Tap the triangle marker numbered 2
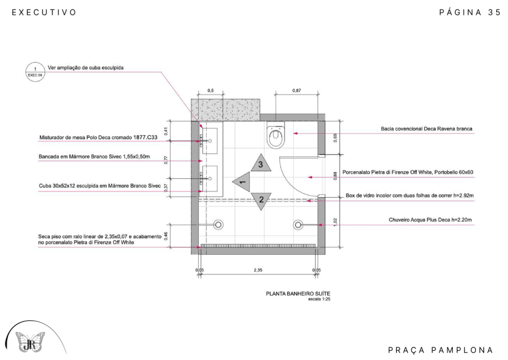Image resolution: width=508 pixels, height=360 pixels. (261, 201)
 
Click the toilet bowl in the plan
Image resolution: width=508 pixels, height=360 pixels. (275, 135)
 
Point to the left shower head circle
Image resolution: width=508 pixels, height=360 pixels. (218, 224)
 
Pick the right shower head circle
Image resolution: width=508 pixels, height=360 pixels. (298, 224)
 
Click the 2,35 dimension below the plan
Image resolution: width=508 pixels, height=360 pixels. (258, 270)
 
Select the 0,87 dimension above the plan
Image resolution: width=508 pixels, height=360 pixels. (297, 90)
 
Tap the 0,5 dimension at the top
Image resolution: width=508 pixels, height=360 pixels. (210, 90)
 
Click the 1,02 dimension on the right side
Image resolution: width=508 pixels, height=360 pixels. (335, 222)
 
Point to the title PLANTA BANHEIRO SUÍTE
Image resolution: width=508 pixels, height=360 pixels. (298, 293)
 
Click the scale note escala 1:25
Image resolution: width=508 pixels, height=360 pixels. (319, 299)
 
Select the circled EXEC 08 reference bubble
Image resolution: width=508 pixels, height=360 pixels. (35, 72)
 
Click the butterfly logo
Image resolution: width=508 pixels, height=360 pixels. (30, 342)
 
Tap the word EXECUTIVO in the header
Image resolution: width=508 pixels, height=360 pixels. (44, 12)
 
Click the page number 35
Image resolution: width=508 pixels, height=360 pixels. (495, 12)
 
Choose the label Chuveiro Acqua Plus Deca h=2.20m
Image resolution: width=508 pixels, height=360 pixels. (430, 220)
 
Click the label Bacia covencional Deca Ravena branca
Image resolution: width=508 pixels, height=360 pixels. (426, 129)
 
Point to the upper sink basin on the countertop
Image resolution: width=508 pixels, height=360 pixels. (210, 141)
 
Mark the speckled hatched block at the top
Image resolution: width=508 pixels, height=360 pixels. (226, 110)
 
